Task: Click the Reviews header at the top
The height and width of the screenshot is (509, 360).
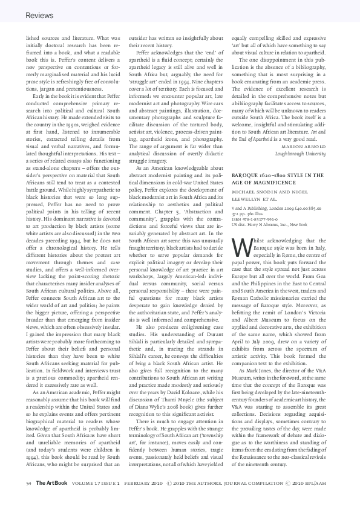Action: (x=40, y=15)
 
